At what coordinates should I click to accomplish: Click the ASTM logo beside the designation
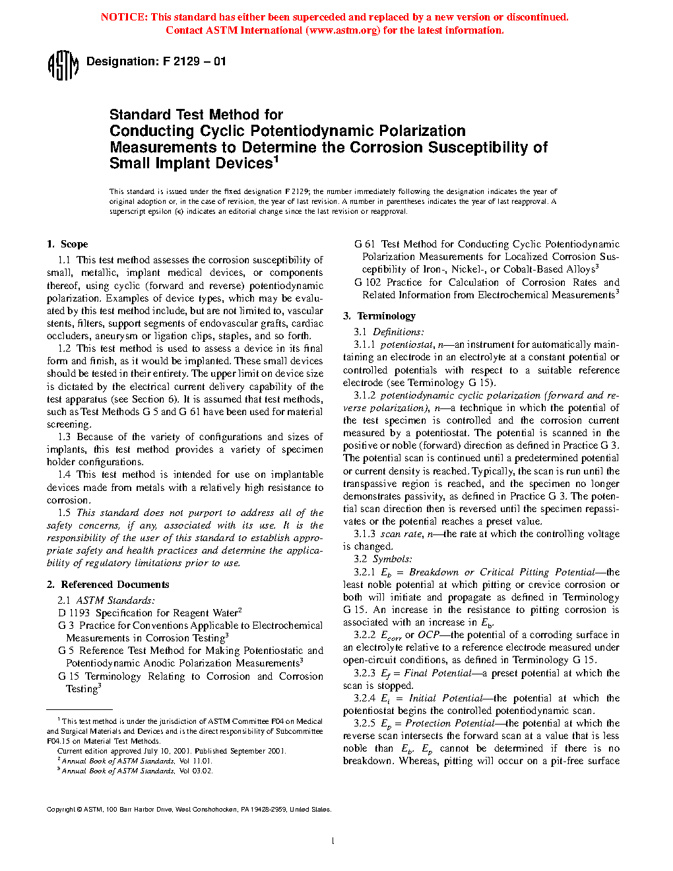click(63, 65)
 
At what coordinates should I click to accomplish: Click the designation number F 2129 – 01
click(193, 61)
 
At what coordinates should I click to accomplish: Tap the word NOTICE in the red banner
click(123, 17)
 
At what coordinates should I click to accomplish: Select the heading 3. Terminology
click(379, 316)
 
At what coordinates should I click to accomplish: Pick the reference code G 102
click(367, 282)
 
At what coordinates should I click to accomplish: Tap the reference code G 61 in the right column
click(364, 244)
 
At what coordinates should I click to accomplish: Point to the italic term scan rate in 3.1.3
click(401, 534)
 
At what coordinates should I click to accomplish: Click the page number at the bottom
click(333, 841)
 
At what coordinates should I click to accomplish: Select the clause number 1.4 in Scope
click(64, 474)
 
